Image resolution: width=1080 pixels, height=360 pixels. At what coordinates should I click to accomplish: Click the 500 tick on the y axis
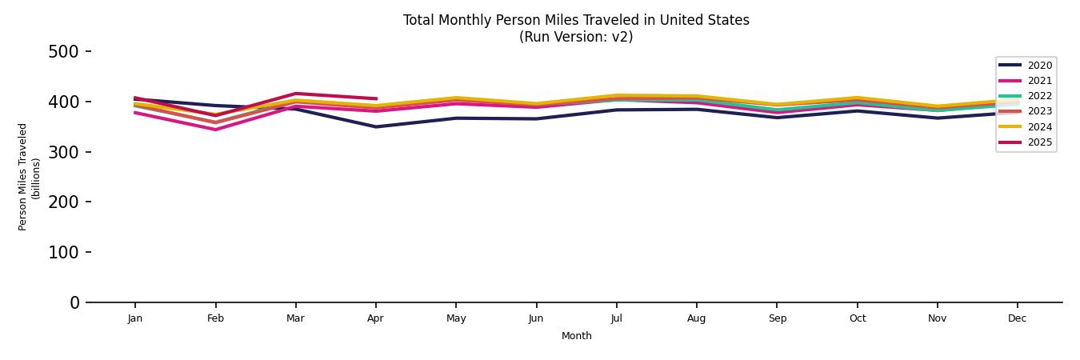coord(64,52)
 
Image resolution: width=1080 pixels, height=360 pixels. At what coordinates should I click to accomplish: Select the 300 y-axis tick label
coord(64,152)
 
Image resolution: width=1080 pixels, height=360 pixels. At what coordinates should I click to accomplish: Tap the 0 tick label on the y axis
coord(74,302)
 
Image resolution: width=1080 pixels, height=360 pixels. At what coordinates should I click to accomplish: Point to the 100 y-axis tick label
coord(64,253)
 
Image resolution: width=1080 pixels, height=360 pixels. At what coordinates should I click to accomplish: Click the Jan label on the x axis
coord(134,318)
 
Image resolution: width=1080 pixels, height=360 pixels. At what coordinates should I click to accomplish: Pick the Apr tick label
coord(375,318)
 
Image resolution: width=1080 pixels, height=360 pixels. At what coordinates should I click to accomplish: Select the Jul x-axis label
coord(616,318)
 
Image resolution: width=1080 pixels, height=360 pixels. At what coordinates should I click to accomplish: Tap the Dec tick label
coord(1017,318)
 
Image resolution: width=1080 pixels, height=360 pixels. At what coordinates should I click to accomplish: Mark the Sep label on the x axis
coord(777,318)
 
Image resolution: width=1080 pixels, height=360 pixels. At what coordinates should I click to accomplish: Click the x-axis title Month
coord(576,336)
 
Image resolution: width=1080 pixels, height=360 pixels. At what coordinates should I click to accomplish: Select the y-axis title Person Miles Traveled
coord(24,177)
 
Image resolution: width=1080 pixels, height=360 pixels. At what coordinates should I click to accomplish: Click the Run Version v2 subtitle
coord(576,37)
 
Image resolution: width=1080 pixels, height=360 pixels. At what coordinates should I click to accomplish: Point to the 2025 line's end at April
coord(376,99)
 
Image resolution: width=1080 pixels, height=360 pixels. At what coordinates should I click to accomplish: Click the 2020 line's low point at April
coord(376,126)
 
